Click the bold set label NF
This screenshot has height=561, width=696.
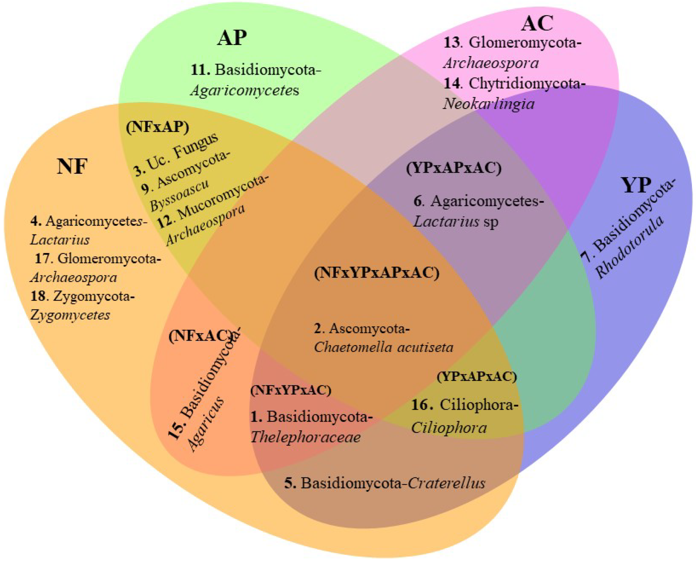[72, 166]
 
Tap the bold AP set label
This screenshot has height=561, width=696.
[232, 38]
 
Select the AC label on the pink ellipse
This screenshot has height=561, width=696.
[537, 23]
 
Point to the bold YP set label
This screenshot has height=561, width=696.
[636, 185]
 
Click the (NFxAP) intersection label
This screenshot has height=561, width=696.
[157, 127]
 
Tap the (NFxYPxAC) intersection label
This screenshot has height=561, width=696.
[291, 390]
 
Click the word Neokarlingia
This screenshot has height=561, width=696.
[488, 104]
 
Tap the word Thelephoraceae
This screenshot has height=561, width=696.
[305, 437]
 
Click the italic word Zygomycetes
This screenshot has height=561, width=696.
[70, 315]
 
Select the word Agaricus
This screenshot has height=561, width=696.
[206, 424]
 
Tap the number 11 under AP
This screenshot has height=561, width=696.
[200, 70]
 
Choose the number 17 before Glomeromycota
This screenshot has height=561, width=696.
[44, 258]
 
